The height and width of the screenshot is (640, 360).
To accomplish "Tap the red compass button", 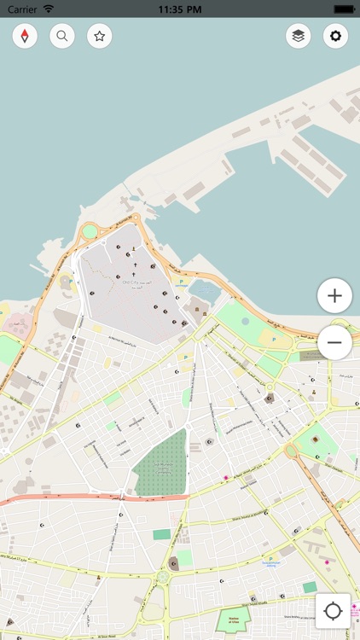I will pos(25,36).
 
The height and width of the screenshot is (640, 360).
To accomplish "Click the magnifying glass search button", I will pos(62,36).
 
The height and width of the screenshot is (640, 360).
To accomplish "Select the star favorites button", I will pos(100,36).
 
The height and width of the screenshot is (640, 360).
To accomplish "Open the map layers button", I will pos(298,36).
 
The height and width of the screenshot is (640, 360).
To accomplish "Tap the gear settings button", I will pos(335,36).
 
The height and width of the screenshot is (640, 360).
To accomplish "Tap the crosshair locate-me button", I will pos(333,611).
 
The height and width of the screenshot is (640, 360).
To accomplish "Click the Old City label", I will pos(131,282).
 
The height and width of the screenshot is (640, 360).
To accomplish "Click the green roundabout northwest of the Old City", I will pos(88,230).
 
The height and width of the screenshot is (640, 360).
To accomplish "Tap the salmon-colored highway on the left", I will pos(51,499).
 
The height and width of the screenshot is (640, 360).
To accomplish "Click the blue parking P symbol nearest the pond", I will pos(180,279).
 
